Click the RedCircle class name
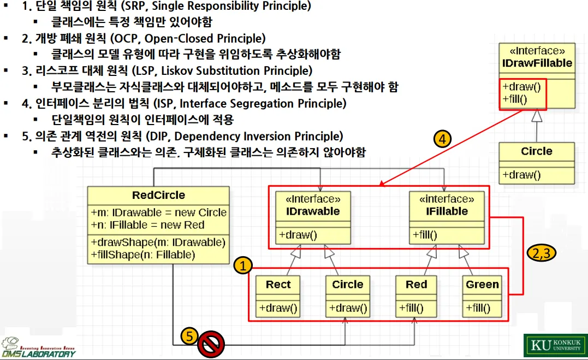pos(158,195)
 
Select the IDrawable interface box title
pos(313,211)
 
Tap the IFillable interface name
pos(447,211)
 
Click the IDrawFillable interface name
pos(537,63)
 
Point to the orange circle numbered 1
pos(243,266)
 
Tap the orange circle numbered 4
pos(443,139)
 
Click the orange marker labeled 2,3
pos(539,253)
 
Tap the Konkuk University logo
pos(555,345)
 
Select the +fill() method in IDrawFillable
pos(514,99)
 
